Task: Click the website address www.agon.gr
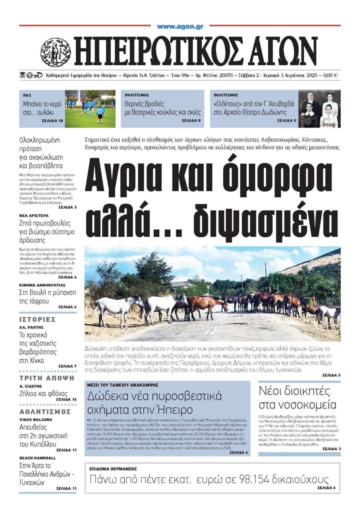point(180,27)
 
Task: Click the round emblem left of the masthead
point(55,52)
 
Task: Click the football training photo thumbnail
point(90,108)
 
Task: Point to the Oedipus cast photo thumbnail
point(319,108)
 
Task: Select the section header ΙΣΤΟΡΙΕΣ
point(37,319)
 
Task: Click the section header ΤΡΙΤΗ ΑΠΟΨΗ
point(47,378)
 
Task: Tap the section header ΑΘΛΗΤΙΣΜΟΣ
point(45,411)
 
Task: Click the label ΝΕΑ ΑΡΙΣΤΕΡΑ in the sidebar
point(34,216)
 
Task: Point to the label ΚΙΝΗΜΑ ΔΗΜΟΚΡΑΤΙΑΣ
point(42,285)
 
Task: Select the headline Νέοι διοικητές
point(294,391)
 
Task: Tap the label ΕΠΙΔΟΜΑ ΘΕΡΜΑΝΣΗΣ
point(113,469)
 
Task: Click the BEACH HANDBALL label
point(37,458)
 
